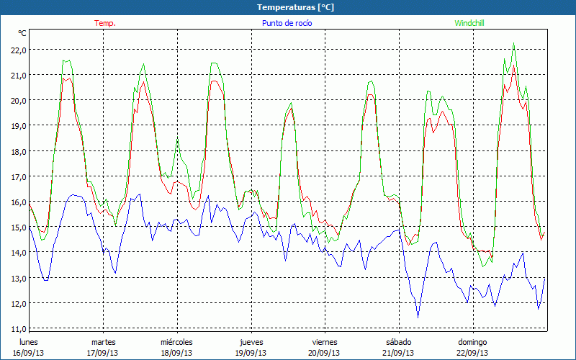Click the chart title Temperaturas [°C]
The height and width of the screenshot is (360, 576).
(x=295, y=7)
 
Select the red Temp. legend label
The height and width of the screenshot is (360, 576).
(x=105, y=23)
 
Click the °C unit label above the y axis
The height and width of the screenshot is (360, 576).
(x=22, y=33)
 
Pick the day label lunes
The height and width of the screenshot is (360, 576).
(x=29, y=342)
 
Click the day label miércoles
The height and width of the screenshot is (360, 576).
(x=176, y=342)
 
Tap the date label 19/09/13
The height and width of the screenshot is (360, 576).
(x=251, y=353)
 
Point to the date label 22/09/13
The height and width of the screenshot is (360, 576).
(x=473, y=353)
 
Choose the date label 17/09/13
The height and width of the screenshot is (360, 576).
(x=103, y=353)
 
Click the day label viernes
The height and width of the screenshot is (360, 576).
(x=325, y=342)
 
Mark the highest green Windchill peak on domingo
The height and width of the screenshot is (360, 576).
(x=513, y=44)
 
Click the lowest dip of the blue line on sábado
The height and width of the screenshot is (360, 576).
(x=418, y=317)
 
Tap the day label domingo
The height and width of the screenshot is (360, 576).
(x=473, y=342)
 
